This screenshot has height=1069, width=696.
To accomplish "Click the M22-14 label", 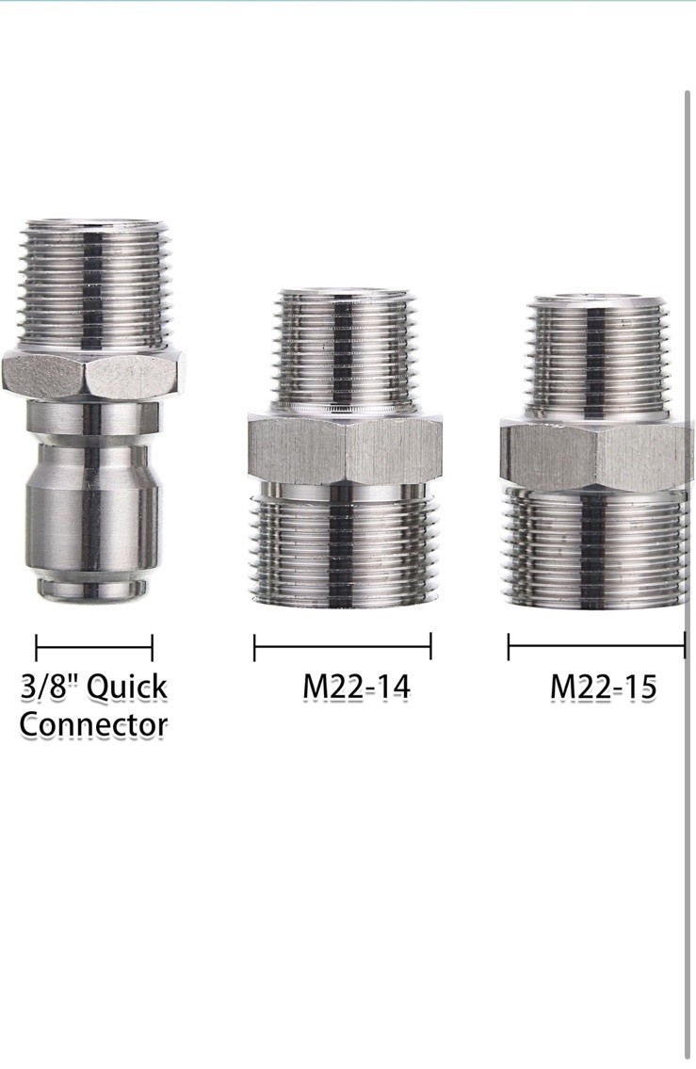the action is click(x=356, y=687).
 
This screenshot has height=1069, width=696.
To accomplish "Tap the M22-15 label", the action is click(x=604, y=687).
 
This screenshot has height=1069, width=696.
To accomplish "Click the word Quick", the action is click(x=127, y=688).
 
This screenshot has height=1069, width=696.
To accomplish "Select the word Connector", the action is click(x=93, y=724).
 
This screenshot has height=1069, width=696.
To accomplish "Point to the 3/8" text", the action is click(x=50, y=686).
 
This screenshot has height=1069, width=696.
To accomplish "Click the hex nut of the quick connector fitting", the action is click(x=93, y=375).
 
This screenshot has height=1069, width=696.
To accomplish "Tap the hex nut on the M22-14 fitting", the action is click(x=345, y=450).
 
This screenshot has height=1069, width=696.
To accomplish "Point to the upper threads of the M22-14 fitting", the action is click(x=345, y=352).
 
